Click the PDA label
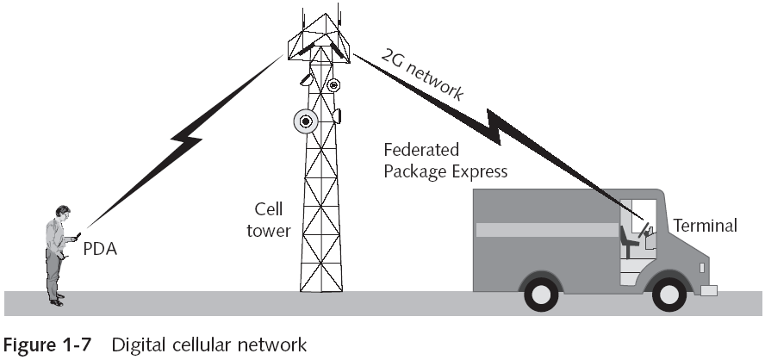100,250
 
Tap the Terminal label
705,227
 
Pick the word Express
476,171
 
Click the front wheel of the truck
669,292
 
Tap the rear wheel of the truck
540,292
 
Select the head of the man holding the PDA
62,213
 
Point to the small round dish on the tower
333,84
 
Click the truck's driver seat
630,238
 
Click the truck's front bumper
708,290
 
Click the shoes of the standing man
57,301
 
